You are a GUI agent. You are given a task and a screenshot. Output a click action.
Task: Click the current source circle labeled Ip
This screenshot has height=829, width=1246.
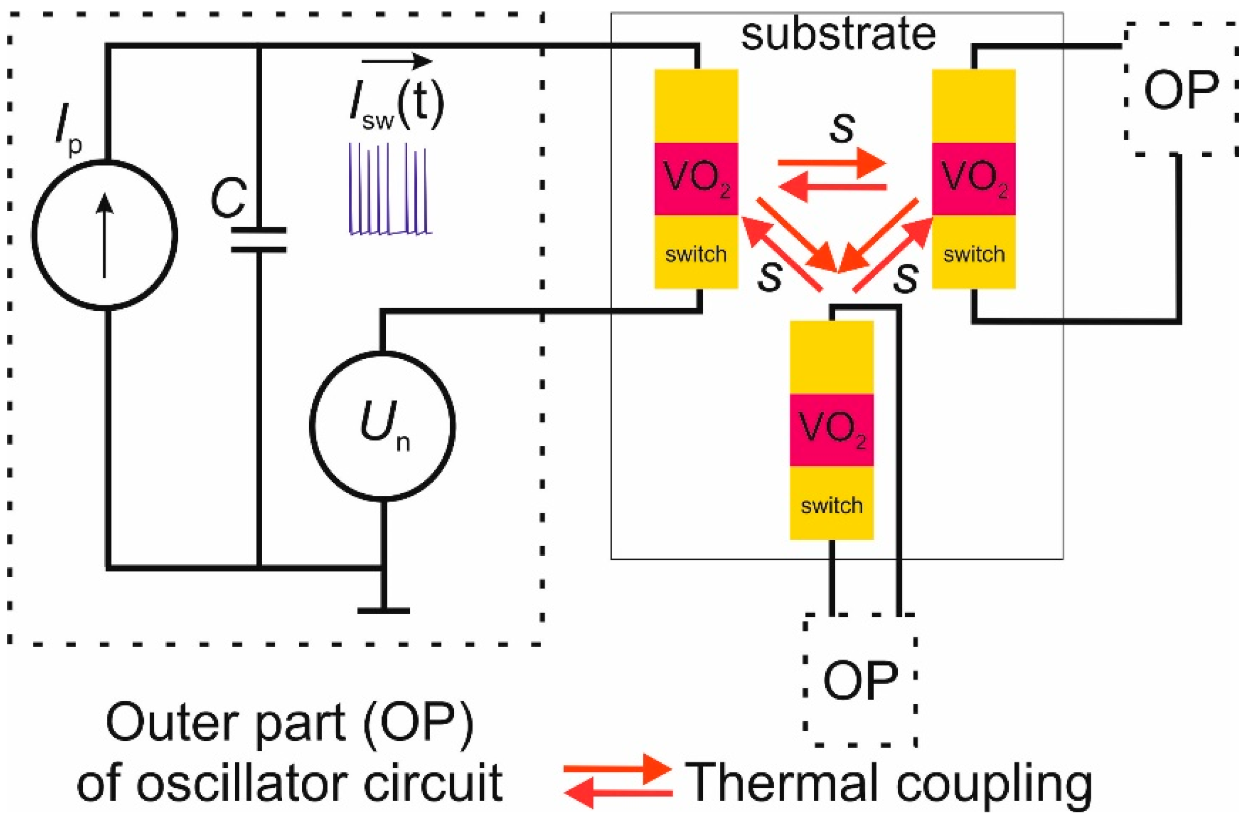pos(104,235)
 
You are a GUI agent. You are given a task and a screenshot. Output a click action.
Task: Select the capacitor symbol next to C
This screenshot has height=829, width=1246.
pos(259,240)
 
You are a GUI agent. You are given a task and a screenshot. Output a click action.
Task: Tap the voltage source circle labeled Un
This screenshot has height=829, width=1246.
pos(382,426)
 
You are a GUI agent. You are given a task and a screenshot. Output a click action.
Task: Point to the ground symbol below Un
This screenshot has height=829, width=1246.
pos(383,610)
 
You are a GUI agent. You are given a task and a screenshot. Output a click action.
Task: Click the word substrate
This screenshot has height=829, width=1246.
pos(838,34)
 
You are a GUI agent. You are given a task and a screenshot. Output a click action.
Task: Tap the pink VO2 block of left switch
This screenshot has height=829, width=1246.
pos(695,179)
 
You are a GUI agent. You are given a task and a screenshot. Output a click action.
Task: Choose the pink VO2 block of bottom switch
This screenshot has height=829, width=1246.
pos(831,430)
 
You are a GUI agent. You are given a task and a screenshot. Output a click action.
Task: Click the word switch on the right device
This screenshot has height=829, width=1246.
pos(974,254)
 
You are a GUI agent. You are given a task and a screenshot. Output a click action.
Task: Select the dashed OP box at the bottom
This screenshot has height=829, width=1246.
pos(860,680)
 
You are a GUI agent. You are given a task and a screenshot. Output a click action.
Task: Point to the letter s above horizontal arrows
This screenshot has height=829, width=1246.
pos(841,127)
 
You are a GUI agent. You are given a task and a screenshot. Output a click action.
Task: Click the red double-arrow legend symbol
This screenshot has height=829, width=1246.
pos(617,782)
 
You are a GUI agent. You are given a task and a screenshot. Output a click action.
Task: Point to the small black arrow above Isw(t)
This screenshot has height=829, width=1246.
pos(397,62)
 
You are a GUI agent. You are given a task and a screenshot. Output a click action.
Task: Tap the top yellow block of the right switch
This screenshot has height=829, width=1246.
pos(973,105)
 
